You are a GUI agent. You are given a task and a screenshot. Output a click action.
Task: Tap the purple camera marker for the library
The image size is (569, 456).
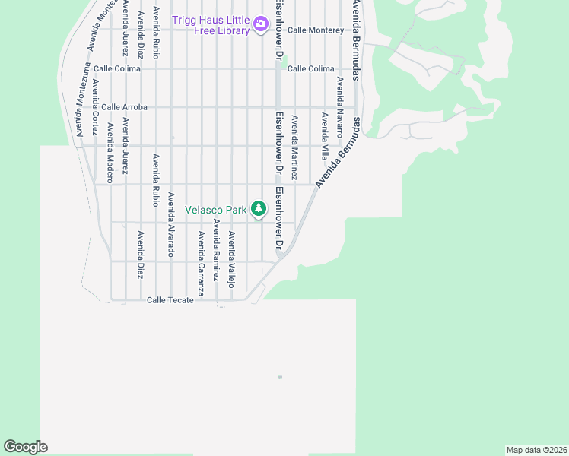(x=261, y=24)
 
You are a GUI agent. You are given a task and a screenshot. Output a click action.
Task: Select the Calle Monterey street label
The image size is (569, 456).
(x=316, y=30)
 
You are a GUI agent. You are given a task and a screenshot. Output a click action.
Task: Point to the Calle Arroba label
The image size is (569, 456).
(x=124, y=107)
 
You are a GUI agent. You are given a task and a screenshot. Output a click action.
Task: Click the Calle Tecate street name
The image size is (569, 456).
(x=170, y=300)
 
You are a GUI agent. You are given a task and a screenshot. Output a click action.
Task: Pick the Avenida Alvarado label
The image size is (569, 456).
(x=171, y=224)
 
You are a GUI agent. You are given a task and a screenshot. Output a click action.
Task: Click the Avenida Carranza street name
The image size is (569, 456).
(x=201, y=263)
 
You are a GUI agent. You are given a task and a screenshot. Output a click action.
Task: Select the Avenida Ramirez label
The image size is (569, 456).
(x=216, y=251)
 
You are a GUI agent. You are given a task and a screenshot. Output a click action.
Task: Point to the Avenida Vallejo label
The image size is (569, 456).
(x=232, y=259)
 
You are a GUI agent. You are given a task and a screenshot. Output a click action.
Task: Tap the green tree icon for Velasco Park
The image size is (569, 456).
(x=259, y=208)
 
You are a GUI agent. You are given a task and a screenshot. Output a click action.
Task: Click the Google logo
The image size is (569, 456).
(x=25, y=447)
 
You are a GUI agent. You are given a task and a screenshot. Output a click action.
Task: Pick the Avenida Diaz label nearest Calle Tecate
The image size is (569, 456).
(x=140, y=255)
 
